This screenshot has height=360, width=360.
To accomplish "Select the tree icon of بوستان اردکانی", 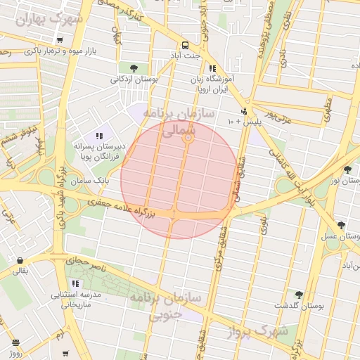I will coord(134,68).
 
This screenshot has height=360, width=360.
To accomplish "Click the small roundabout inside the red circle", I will coord(188,139).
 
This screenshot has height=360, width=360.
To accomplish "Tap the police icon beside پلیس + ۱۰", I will coord(244,111).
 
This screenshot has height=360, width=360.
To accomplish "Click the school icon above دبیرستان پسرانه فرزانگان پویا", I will coord(99,134).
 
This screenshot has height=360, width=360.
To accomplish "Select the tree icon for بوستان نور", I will coord(347,169).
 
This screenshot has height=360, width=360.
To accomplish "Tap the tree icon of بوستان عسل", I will coord(342,225).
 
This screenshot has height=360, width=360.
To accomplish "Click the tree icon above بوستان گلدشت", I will coord(299,295).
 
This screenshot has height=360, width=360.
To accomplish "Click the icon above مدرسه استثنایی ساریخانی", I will coord(75,283).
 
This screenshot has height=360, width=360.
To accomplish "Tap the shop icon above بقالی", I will coord(19,260).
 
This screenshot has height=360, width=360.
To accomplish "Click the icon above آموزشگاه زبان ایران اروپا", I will coord(212,68).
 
